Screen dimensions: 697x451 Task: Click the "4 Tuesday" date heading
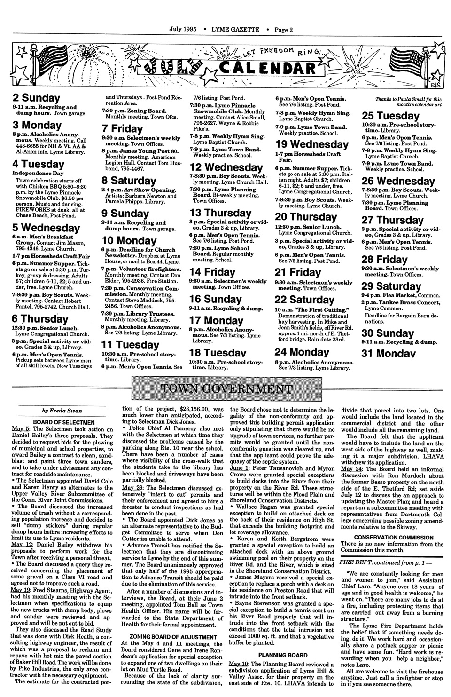[x=39, y=164]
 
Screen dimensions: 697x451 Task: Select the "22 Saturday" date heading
[x=304, y=300]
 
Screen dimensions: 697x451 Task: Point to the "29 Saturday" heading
[x=391, y=286]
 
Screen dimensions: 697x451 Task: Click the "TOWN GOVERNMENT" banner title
[x=225, y=388]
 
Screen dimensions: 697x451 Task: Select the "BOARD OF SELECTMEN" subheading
[x=64, y=422]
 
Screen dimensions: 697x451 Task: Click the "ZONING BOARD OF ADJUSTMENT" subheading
[x=172, y=635]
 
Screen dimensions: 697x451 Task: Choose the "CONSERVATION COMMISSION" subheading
[x=393, y=537]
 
